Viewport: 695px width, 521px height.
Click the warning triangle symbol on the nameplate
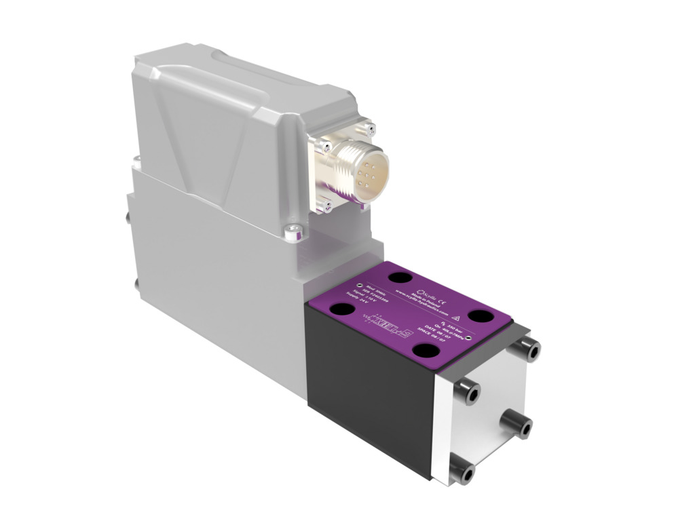[456, 317]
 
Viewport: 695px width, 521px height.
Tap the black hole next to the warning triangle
[483, 316]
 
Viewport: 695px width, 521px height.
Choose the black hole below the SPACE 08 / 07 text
[428, 350]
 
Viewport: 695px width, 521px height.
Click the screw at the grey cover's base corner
[293, 233]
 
